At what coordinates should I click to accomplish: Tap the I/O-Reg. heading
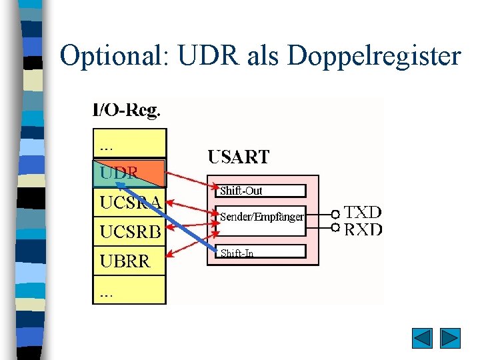(x=126, y=111)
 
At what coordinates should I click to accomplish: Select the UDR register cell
(x=128, y=173)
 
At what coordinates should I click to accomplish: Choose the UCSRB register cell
(x=129, y=232)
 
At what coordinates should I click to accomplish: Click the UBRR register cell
(x=129, y=261)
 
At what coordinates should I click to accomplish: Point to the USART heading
(x=239, y=157)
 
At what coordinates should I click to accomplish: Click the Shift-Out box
(x=261, y=191)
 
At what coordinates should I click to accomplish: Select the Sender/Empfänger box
(x=261, y=217)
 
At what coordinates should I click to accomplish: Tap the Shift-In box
(x=261, y=252)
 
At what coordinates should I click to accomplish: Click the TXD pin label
(x=363, y=213)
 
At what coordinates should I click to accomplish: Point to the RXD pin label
(x=363, y=229)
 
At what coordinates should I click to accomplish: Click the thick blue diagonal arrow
(x=167, y=210)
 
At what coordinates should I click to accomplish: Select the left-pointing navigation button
(x=422, y=338)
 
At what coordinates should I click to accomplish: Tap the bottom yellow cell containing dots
(x=129, y=291)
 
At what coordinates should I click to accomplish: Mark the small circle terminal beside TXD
(x=335, y=215)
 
